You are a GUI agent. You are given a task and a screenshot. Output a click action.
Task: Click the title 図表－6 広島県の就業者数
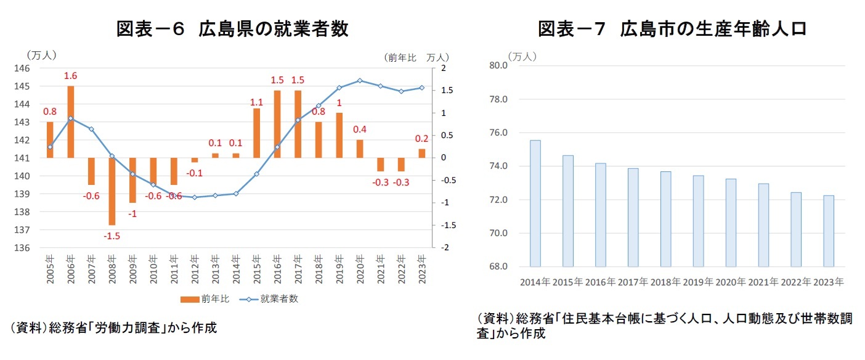[232, 29]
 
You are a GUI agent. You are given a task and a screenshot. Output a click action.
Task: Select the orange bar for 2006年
[71, 121]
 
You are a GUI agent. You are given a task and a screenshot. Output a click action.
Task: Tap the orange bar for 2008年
[112, 191]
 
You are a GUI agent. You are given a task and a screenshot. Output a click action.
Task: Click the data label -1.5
[112, 235]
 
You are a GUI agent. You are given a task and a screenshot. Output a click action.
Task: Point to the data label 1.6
[71, 76]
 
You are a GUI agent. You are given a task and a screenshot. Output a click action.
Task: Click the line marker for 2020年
[360, 81]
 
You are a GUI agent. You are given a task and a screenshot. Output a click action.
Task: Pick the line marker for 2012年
[195, 197]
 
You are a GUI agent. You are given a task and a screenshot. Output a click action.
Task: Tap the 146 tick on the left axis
[31, 68]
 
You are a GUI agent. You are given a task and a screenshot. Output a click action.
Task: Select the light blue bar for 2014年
[535, 203]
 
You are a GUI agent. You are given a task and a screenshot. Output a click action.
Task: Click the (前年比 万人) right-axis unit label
[416, 57]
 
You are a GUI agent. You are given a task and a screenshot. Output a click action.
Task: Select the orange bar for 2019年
[339, 135]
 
